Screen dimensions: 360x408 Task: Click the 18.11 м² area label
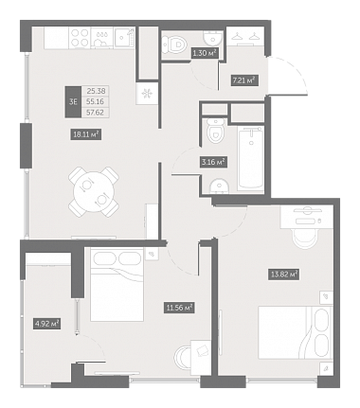click(85, 134)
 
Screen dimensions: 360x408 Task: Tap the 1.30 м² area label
click(206, 53)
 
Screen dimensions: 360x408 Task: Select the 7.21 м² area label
click(244, 80)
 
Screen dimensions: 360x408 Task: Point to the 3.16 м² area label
click(213, 162)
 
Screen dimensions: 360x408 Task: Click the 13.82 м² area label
click(284, 275)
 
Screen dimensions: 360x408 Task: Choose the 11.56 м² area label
click(179, 308)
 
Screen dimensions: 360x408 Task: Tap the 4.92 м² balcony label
click(46, 324)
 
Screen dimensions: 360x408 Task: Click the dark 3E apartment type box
click(73, 101)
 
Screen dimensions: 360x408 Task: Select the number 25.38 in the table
click(96, 91)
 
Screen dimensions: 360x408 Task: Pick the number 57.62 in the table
click(95, 113)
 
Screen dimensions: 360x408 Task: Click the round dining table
click(94, 191)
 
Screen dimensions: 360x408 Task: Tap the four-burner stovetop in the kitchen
click(80, 38)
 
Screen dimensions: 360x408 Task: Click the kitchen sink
click(124, 38)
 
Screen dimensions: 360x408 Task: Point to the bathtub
click(251, 159)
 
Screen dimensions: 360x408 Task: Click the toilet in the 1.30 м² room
click(173, 45)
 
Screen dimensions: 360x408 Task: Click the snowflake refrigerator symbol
click(146, 94)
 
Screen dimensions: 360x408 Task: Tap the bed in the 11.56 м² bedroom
click(117, 285)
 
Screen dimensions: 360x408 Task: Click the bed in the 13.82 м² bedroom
click(295, 332)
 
